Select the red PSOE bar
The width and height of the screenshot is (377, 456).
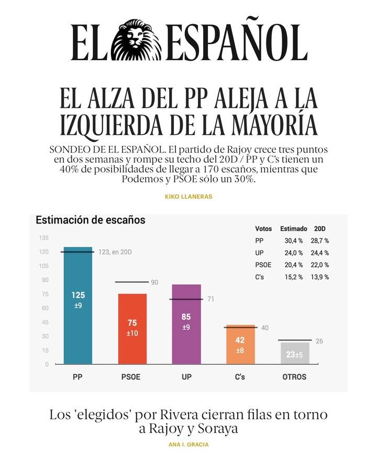132,329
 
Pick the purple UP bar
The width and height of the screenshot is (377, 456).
186,324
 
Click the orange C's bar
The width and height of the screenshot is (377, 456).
240,345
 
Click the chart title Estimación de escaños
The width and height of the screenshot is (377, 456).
90,221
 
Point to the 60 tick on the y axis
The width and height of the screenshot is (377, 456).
45,309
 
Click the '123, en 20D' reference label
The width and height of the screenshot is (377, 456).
115,252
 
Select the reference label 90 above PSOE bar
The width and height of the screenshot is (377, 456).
154,282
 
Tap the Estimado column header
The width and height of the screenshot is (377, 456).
293,229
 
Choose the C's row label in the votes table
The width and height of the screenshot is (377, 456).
259,277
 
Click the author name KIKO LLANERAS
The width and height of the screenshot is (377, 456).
188,197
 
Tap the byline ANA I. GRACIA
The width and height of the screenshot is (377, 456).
188,444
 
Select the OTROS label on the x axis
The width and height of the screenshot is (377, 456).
294,377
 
